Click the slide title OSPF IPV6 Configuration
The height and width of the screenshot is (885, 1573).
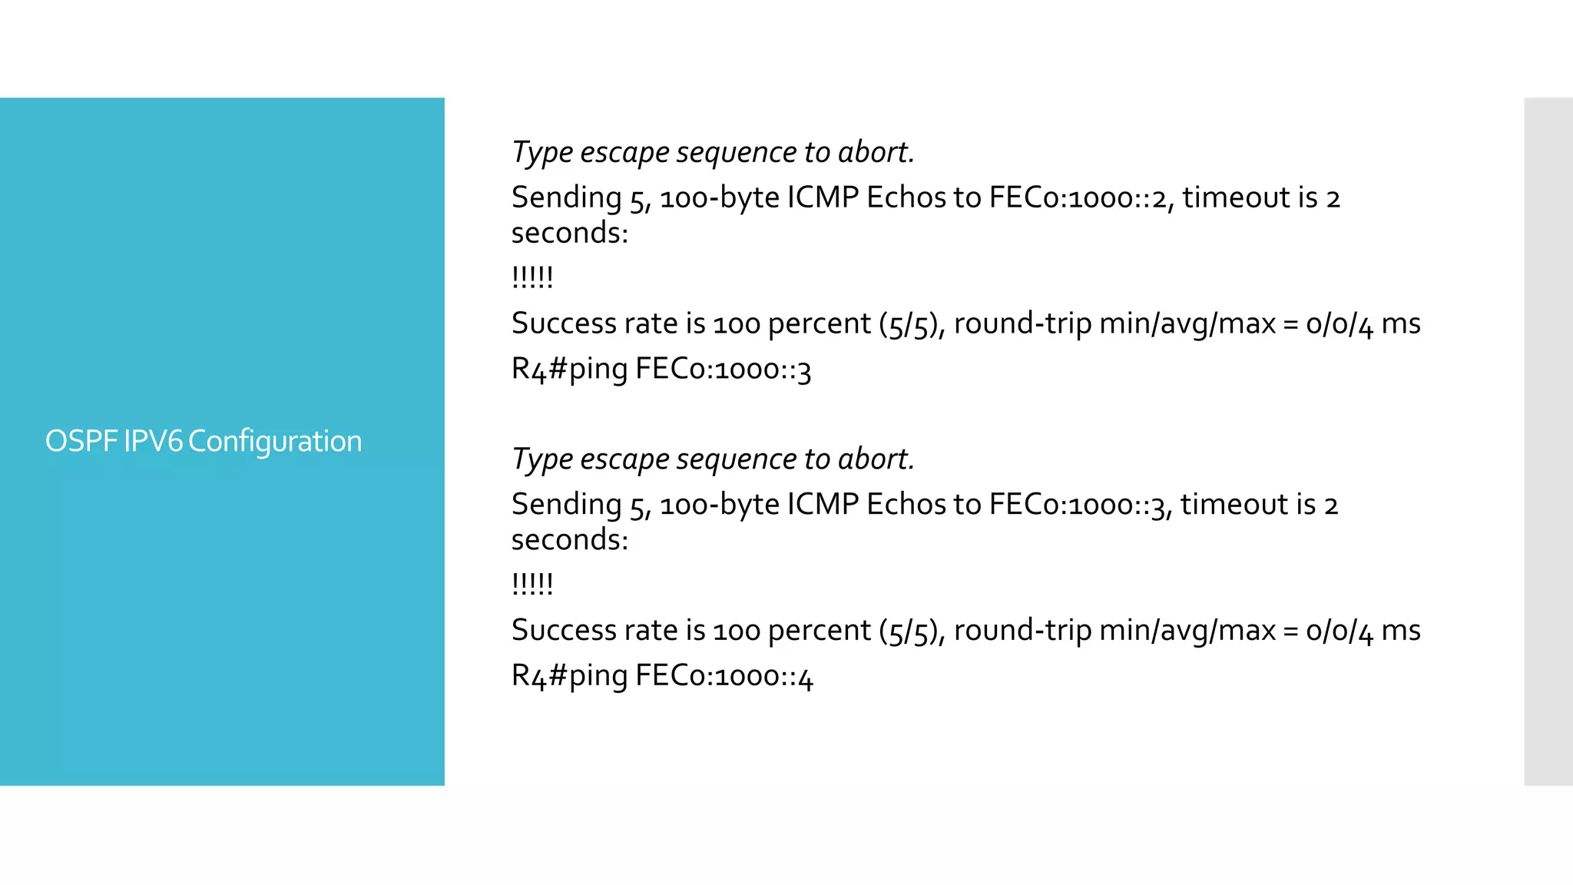click(204, 442)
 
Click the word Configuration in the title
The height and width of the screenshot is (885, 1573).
click(275, 442)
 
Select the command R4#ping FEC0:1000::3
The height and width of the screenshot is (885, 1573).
click(661, 370)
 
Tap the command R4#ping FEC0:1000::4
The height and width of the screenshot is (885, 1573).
click(662, 676)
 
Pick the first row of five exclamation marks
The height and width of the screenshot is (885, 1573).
click(532, 277)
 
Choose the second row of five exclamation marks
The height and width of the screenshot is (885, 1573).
click(532, 584)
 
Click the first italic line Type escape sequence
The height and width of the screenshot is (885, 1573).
click(713, 152)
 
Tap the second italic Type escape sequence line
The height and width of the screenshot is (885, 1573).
click(713, 459)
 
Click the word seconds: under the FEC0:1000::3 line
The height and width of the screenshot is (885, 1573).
click(570, 540)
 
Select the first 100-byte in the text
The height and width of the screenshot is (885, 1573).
click(720, 198)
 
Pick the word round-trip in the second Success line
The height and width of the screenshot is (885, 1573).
click(1022, 631)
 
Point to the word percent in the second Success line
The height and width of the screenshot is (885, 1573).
click(819, 631)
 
